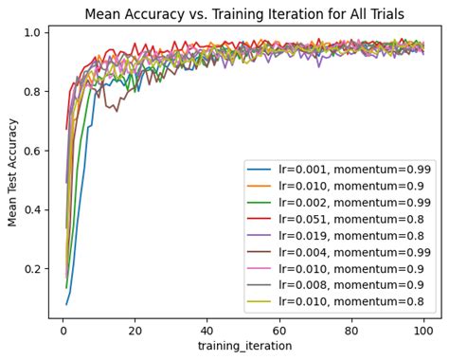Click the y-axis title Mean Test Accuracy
(13, 171)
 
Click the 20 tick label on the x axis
(135, 331)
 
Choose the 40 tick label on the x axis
(207, 331)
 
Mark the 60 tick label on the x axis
(279, 331)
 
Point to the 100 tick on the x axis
(423, 331)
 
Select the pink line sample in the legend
(260, 271)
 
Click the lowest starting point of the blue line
(66, 304)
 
